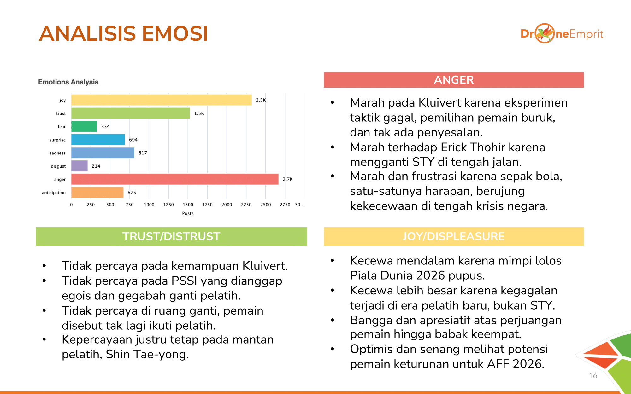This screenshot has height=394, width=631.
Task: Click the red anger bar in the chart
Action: [x=175, y=179]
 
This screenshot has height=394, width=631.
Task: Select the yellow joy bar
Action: [x=161, y=100]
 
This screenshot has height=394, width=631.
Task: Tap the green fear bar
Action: [x=84, y=126]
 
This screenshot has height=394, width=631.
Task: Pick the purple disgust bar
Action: [x=80, y=166]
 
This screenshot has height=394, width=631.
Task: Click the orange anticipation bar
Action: [x=97, y=192]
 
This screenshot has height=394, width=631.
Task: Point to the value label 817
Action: [x=143, y=153]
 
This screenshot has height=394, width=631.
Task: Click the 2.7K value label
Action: [x=287, y=179]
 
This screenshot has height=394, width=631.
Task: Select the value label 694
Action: [x=133, y=140]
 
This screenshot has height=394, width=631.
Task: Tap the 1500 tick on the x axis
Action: [x=188, y=205]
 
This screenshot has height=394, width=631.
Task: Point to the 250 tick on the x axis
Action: [x=91, y=205]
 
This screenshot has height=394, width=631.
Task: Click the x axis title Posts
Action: [x=188, y=213]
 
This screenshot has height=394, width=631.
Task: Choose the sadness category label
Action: [x=57, y=153]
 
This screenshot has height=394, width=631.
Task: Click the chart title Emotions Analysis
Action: [x=68, y=82]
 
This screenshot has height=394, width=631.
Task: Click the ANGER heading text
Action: [x=454, y=80]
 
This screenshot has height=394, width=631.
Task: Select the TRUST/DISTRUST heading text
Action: [x=171, y=236]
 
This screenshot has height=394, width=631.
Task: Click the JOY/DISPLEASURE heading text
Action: [x=454, y=236]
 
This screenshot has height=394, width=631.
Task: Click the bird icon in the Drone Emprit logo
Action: [x=545, y=33]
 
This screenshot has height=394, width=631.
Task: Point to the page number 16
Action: [x=593, y=375]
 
